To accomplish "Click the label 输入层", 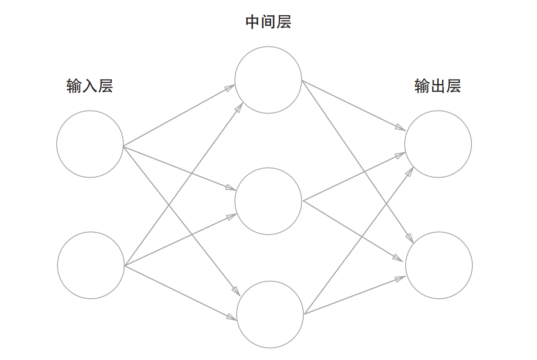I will pos(90,86).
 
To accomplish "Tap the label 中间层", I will pos(268,22).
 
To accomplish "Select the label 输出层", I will pos(437,86).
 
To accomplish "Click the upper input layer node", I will pos(90,144).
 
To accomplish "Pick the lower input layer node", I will pos(91,265).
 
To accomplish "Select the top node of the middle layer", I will pos(268,80).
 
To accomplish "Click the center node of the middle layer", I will pos(268,201).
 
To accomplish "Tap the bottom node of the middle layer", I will pos(270,315).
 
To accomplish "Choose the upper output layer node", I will pos(438,144).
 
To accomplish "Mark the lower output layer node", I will pos(439,265).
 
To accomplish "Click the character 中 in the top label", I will pos(252,22).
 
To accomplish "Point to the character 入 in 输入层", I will pos(90,86).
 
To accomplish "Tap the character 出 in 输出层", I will pos(437,86).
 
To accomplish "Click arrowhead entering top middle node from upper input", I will pos(230,87).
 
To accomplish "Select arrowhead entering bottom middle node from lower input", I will pos(232,317).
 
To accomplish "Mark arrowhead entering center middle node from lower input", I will pos(232,216).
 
